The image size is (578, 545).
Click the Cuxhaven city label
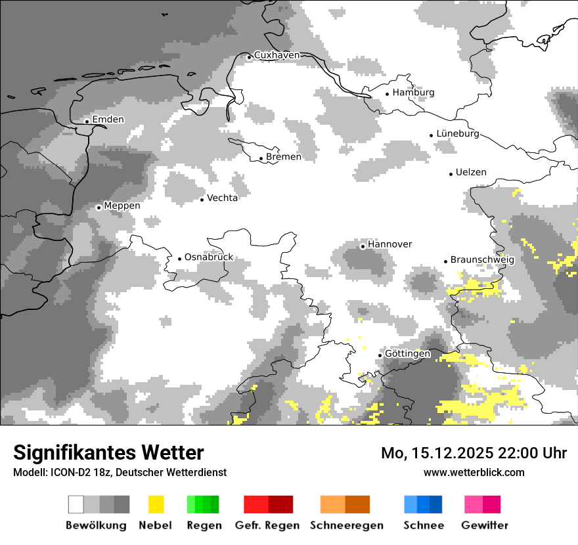click(277, 56)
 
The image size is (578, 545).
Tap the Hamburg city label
click(413, 93)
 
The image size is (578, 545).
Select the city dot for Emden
click(87, 121)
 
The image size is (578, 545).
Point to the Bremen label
click(284, 157)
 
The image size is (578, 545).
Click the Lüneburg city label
click(457, 134)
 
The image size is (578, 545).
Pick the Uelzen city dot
click(451, 174)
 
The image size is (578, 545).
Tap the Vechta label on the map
click(222, 198)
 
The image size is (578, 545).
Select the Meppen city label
click(122, 206)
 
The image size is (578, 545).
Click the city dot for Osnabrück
click(179, 259)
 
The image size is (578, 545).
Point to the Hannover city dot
click(363, 246)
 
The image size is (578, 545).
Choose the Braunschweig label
click(482, 259)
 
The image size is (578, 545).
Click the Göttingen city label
click(407, 354)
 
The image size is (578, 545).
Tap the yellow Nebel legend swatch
click(156, 504)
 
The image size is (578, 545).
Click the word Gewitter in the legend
click(485, 525)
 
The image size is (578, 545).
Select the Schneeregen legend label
click(347, 525)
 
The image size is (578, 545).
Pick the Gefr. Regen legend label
click(267, 525)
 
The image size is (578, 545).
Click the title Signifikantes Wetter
click(108, 452)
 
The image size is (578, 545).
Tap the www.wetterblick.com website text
click(474, 472)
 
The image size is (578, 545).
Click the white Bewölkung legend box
click(76, 504)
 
